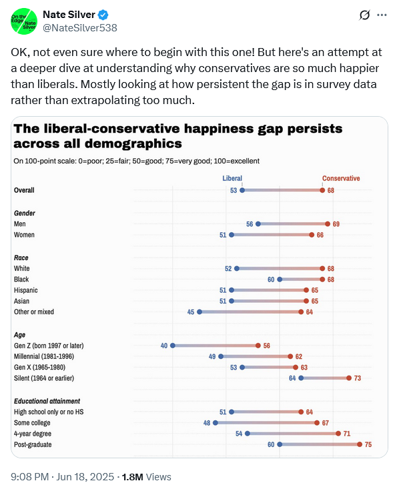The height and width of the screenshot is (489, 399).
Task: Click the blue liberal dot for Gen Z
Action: [173, 346]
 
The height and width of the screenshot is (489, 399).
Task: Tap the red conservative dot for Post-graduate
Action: [360, 444]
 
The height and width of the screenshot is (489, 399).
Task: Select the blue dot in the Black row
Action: [280, 280]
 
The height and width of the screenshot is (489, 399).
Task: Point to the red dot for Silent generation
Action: [349, 378]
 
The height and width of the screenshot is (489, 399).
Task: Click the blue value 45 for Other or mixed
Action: [191, 312]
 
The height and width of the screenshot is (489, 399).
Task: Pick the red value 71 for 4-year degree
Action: [346, 434]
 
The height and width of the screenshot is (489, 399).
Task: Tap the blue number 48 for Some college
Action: [207, 423]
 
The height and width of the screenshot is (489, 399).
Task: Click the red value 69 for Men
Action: [336, 224]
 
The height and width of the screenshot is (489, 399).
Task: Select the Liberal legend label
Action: [232, 178]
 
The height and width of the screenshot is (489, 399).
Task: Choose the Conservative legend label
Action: [341, 178]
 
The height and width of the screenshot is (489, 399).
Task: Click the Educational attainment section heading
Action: [47, 401]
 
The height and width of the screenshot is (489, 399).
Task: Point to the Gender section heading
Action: [24, 213]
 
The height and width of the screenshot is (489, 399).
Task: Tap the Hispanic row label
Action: [25, 290]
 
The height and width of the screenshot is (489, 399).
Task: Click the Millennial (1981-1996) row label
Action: [44, 356]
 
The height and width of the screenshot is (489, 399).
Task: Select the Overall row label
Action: [24, 190]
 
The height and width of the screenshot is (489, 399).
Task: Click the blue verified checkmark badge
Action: [103, 15]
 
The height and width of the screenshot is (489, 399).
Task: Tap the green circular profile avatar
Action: [24, 21]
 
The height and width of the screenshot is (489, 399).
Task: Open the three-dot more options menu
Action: [382, 15]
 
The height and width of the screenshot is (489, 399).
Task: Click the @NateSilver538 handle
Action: [80, 28]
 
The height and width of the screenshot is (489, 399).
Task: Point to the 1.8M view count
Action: [132, 476]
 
